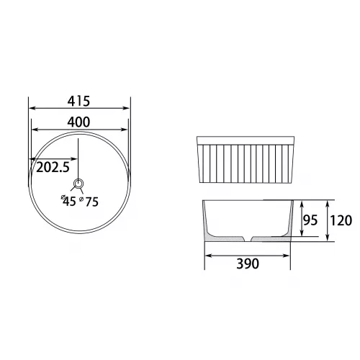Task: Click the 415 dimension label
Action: (x=78, y=101)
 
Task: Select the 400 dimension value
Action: (x=78, y=122)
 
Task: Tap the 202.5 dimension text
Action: (x=53, y=167)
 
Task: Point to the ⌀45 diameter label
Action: (x=68, y=201)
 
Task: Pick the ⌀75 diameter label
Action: (x=89, y=202)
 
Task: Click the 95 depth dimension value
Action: (x=310, y=220)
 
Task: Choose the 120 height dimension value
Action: (x=341, y=220)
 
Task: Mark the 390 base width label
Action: (x=248, y=264)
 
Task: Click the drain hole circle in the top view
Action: (x=78, y=184)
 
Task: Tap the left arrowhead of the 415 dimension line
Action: (x=32, y=108)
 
